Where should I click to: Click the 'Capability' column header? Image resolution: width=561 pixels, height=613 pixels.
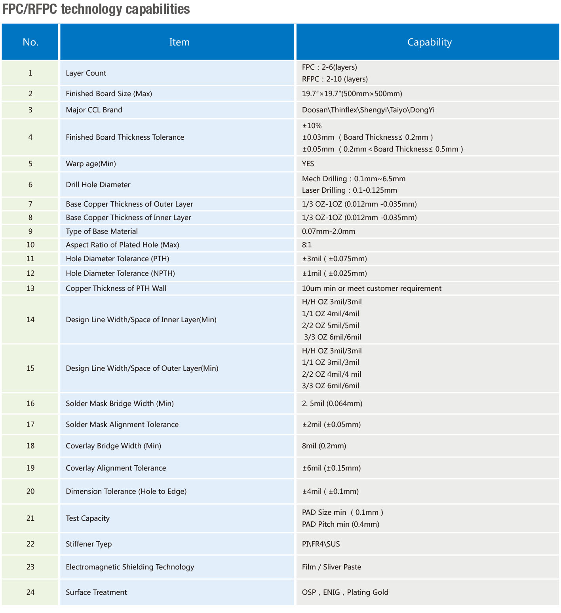coord(429,42)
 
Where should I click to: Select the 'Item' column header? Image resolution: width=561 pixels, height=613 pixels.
coord(179,42)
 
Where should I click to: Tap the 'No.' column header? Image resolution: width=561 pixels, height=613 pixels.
coord(30,42)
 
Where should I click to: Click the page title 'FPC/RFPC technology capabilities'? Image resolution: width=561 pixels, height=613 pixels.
coord(96,9)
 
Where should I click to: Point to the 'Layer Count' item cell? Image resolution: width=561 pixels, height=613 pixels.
coord(86,73)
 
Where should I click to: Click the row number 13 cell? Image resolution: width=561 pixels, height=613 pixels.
coord(30,288)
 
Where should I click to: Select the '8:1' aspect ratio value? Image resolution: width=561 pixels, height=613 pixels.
coord(307,245)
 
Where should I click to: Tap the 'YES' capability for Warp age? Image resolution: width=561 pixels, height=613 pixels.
coord(308,164)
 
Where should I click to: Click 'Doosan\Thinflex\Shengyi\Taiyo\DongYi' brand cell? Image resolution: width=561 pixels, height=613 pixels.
coord(368,110)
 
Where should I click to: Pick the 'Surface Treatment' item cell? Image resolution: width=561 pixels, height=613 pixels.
coord(96,592)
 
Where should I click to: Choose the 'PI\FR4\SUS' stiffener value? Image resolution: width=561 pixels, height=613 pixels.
coord(321,544)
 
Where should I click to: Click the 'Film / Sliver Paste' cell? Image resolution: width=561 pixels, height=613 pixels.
coord(331,567)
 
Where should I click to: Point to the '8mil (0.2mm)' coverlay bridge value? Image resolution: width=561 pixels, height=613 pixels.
coord(324,446)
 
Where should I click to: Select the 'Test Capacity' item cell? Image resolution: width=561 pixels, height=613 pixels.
coord(87,518)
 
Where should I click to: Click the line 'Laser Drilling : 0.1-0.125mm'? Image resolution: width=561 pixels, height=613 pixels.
coord(349,190)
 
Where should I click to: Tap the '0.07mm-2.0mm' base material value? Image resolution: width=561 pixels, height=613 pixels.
coord(328,232)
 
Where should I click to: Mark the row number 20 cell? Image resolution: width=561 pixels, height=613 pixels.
coord(30,492)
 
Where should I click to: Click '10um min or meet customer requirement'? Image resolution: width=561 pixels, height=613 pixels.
coord(371,288)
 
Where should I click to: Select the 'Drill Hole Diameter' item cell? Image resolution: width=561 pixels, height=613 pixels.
coord(98,185)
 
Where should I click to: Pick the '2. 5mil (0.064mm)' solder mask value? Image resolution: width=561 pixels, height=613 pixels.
coord(332,404)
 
